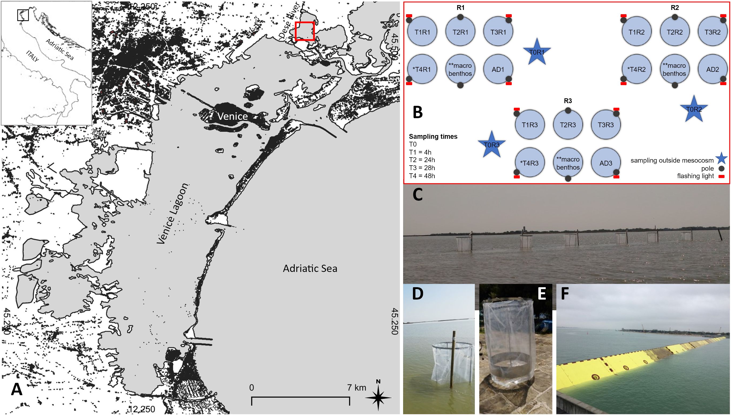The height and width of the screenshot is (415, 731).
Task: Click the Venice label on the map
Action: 232,116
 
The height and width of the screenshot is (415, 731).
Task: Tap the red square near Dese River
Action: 304,31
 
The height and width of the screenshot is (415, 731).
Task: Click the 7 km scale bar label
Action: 356,387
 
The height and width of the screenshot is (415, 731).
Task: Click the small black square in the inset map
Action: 23,15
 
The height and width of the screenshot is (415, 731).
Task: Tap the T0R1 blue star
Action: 537,52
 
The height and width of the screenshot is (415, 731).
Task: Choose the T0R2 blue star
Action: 694,109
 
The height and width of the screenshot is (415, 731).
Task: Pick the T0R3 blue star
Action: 491,145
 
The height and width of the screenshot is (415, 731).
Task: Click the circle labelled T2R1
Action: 460,32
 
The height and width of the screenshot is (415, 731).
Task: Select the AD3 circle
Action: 606,163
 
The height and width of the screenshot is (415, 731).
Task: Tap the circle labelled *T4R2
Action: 637,69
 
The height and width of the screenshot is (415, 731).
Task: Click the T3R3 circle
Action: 606,125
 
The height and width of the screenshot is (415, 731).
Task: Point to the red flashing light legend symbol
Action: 721,177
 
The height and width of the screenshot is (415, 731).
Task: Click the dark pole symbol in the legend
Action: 721,169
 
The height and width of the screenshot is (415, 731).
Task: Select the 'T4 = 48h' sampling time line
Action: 422,176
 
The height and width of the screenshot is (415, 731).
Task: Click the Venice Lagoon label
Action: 173,214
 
